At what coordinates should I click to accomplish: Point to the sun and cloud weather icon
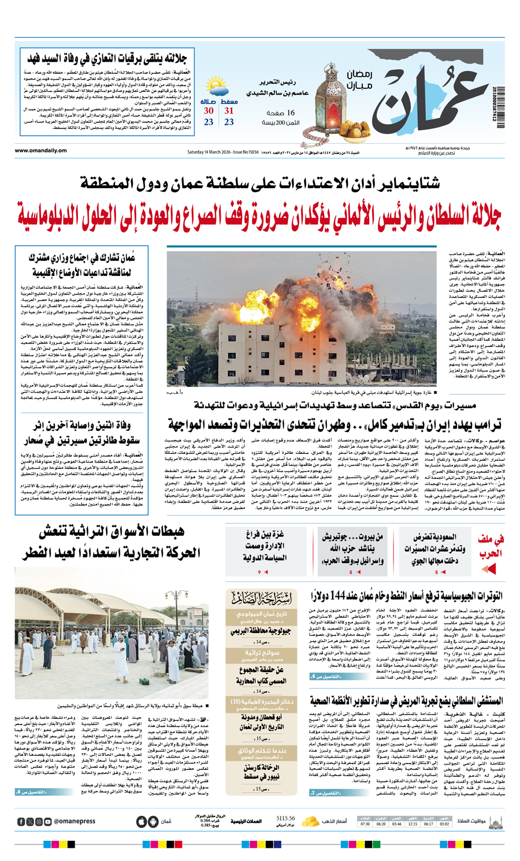pyautogui.click(x=219, y=87)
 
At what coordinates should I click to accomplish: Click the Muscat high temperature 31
pyautogui.click(x=229, y=111)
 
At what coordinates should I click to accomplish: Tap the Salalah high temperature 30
pyautogui.click(x=209, y=111)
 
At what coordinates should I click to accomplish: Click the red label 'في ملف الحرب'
pyautogui.click(x=492, y=546)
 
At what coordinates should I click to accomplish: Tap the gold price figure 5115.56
pyautogui.click(x=286, y=818)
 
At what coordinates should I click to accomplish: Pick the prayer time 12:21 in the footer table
pyautogui.click(x=413, y=824)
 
